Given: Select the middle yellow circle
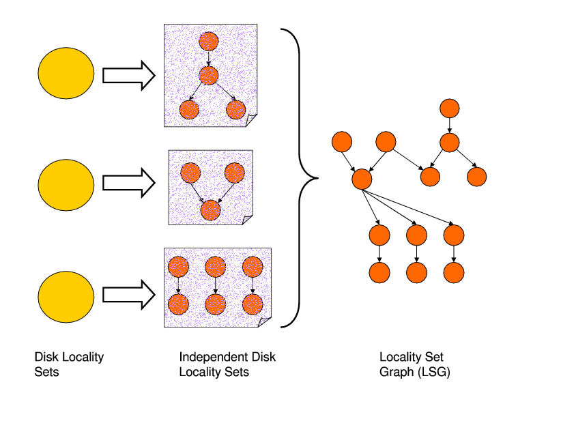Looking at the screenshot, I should pyautogui.click(x=66, y=184).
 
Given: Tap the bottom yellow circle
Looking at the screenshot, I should pyautogui.click(x=66, y=295).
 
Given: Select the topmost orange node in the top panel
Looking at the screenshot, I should pyautogui.click(x=208, y=41).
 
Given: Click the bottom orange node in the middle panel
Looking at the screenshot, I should pyautogui.click(x=212, y=210).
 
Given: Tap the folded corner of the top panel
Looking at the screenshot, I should pyautogui.click(x=252, y=120).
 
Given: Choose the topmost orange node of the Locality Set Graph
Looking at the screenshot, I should pyautogui.click(x=448, y=108).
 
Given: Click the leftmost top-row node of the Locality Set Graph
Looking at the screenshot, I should pyautogui.click(x=342, y=143).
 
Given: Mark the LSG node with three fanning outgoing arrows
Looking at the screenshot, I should pyautogui.click(x=362, y=179).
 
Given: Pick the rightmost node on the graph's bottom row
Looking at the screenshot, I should pyautogui.click(x=453, y=273).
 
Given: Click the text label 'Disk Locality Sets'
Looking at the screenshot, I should pyautogui.click(x=69, y=364).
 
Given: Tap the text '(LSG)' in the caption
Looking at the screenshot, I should pyautogui.click(x=435, y=373).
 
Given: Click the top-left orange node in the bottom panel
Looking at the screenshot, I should pyautogui.click(x=178, y=265).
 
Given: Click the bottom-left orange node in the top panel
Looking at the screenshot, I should pyautogui.click(x=189, y=109).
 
